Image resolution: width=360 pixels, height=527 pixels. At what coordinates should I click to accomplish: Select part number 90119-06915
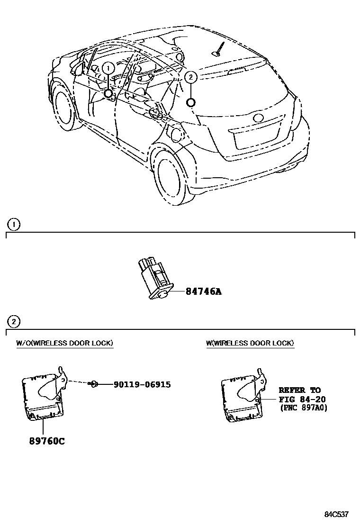click(x=142, y=384)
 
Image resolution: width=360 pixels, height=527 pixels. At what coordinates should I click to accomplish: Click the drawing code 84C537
click(x=337, y=515)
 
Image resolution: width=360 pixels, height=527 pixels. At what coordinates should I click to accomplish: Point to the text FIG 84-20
click(x=302, y=399)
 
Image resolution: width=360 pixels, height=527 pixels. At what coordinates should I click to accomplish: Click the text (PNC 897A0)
click(x=303, y=408)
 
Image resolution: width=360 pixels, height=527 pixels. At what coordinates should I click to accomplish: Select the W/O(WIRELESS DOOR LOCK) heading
click(x=65, y=343)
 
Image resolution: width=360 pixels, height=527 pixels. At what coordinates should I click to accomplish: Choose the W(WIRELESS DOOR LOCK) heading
click(x=250, y=343)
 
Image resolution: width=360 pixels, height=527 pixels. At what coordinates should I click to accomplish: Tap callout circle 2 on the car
click(x=190, y=77)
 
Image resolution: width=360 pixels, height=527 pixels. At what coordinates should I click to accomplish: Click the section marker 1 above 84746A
click(x=14, y=224)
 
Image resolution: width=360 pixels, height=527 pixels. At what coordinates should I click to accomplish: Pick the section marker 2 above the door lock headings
click(x=14, y=322)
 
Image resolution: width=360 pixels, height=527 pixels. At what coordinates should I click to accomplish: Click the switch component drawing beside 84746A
click(x=155, y=279)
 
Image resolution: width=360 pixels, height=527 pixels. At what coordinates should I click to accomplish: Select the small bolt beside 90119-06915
click(x=95, y=384)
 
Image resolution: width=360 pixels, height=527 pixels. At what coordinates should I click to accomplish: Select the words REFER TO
click(x=299, y=391)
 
